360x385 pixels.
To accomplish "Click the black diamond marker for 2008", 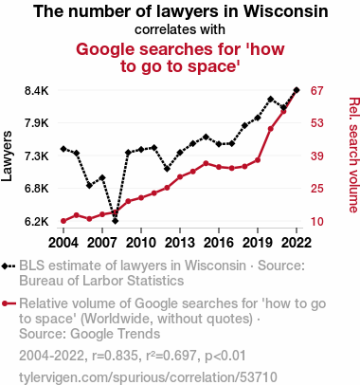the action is point(115,221).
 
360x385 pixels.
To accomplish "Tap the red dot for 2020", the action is point(270,129).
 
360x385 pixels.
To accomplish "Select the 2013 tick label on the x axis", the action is point(180,243).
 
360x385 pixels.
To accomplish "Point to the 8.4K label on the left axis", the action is point(37,91).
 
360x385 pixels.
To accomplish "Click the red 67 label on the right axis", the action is point(316,91).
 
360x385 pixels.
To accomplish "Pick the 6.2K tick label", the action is point(37,222).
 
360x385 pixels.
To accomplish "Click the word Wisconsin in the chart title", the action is point(285,11).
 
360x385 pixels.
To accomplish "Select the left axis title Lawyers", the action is point(7,156).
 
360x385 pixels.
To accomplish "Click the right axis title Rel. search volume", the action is point(353,155).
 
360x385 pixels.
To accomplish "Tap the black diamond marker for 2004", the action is point(63,149).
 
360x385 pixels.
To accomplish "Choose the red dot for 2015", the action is point(206,163).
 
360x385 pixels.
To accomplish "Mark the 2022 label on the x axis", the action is point(297,243).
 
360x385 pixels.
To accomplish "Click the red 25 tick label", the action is point(316,189).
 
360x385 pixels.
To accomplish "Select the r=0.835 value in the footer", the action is point(115,356).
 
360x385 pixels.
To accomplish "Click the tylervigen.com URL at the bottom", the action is point(148,377).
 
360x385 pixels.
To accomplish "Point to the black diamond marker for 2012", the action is point(167,169).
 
